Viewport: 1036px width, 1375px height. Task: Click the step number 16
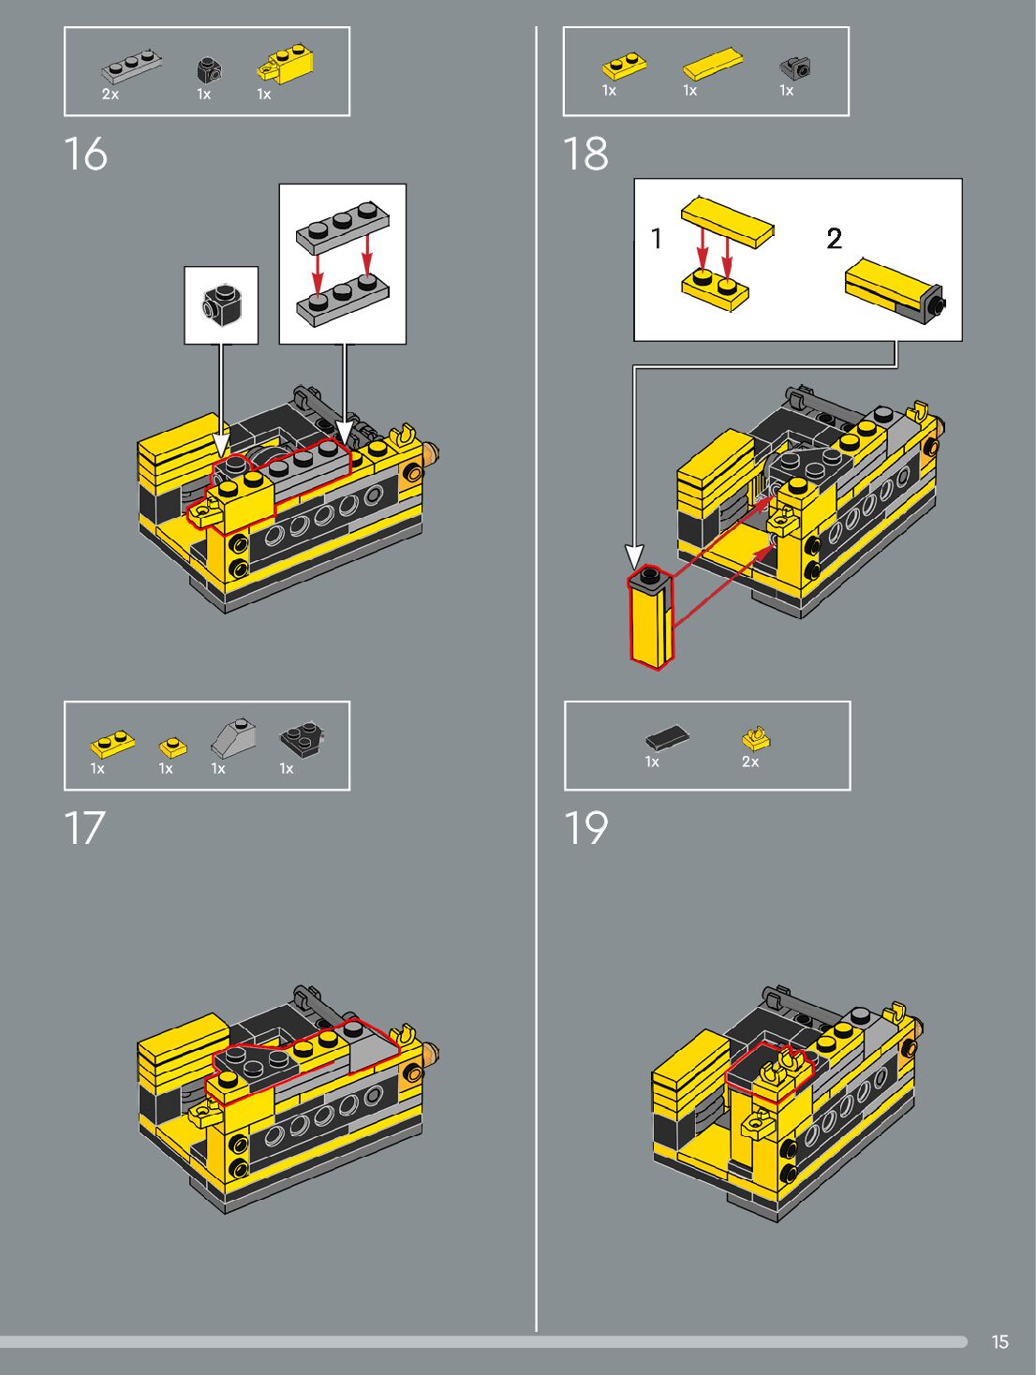point(86,155)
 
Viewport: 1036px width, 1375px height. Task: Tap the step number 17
point(84,827)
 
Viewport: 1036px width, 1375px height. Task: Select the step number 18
point(585,155)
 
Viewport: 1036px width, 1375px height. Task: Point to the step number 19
point(585,827)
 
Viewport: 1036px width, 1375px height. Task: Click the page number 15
point(999,1341)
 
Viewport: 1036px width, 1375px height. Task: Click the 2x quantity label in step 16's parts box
point(111,95)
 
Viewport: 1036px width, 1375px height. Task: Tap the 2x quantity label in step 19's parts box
point(750,761)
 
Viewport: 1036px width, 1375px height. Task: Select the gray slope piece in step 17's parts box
point(233,738)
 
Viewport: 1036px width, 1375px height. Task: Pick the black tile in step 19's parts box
point(667,737)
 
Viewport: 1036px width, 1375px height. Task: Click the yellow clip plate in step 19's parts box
point(756,739)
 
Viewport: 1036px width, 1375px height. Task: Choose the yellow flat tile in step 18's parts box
point(712,63)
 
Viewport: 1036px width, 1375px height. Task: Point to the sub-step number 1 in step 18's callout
point(656,238)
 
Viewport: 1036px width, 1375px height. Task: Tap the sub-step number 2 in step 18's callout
point(834,238)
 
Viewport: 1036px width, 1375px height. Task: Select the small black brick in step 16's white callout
point(221,305)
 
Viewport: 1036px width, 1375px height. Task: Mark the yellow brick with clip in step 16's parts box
point(285,66)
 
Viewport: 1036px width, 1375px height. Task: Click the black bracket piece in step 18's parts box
point(795,67)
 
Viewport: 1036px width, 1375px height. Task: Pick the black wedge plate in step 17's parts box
point(302,739)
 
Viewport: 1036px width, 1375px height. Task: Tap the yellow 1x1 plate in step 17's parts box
point(172,747)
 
